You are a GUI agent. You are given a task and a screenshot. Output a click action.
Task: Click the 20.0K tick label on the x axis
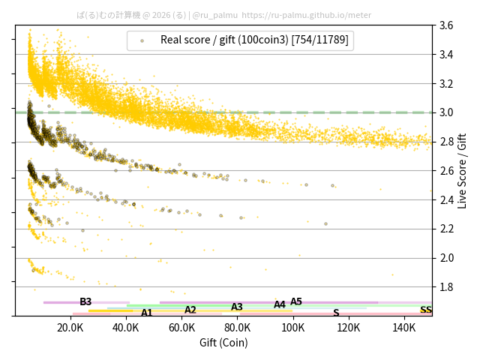(x=70, y=328)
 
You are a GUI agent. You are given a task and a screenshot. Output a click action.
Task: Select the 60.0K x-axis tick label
(x=181, y=328)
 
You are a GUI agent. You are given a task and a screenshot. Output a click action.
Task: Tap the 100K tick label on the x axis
(x=293, y=328)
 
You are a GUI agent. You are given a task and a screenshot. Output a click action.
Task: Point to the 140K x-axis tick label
(x=404, y=328)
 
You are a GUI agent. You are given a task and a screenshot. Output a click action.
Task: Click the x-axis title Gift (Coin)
(x=223, y=343)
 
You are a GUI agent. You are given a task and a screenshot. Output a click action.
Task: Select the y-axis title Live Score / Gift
(x=462, y=170)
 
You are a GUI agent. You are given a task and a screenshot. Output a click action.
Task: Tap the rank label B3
(x=85, y=301)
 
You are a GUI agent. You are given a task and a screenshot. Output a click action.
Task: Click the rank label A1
(x=147, y=313)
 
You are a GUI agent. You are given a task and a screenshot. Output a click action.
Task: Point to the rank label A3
(x=237, y=307)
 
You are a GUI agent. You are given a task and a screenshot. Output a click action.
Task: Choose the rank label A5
(x=296, y=301)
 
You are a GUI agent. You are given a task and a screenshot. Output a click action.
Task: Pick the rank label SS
(x=425, y=310)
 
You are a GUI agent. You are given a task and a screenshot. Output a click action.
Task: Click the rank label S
(x=336, y=313)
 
